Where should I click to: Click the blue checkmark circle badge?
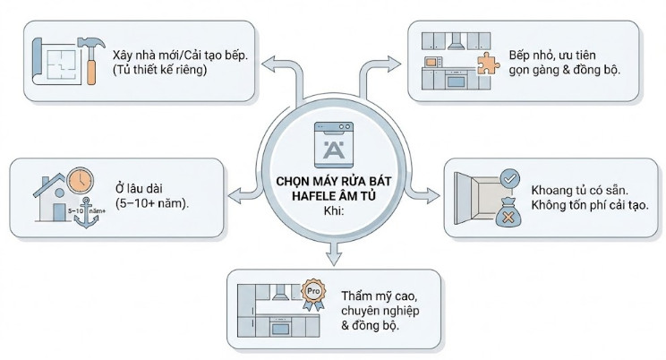point(508,180)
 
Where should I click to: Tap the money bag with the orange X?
point(508,216)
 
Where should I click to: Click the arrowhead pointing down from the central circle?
point(333,261)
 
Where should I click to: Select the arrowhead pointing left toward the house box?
point(235,196)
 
